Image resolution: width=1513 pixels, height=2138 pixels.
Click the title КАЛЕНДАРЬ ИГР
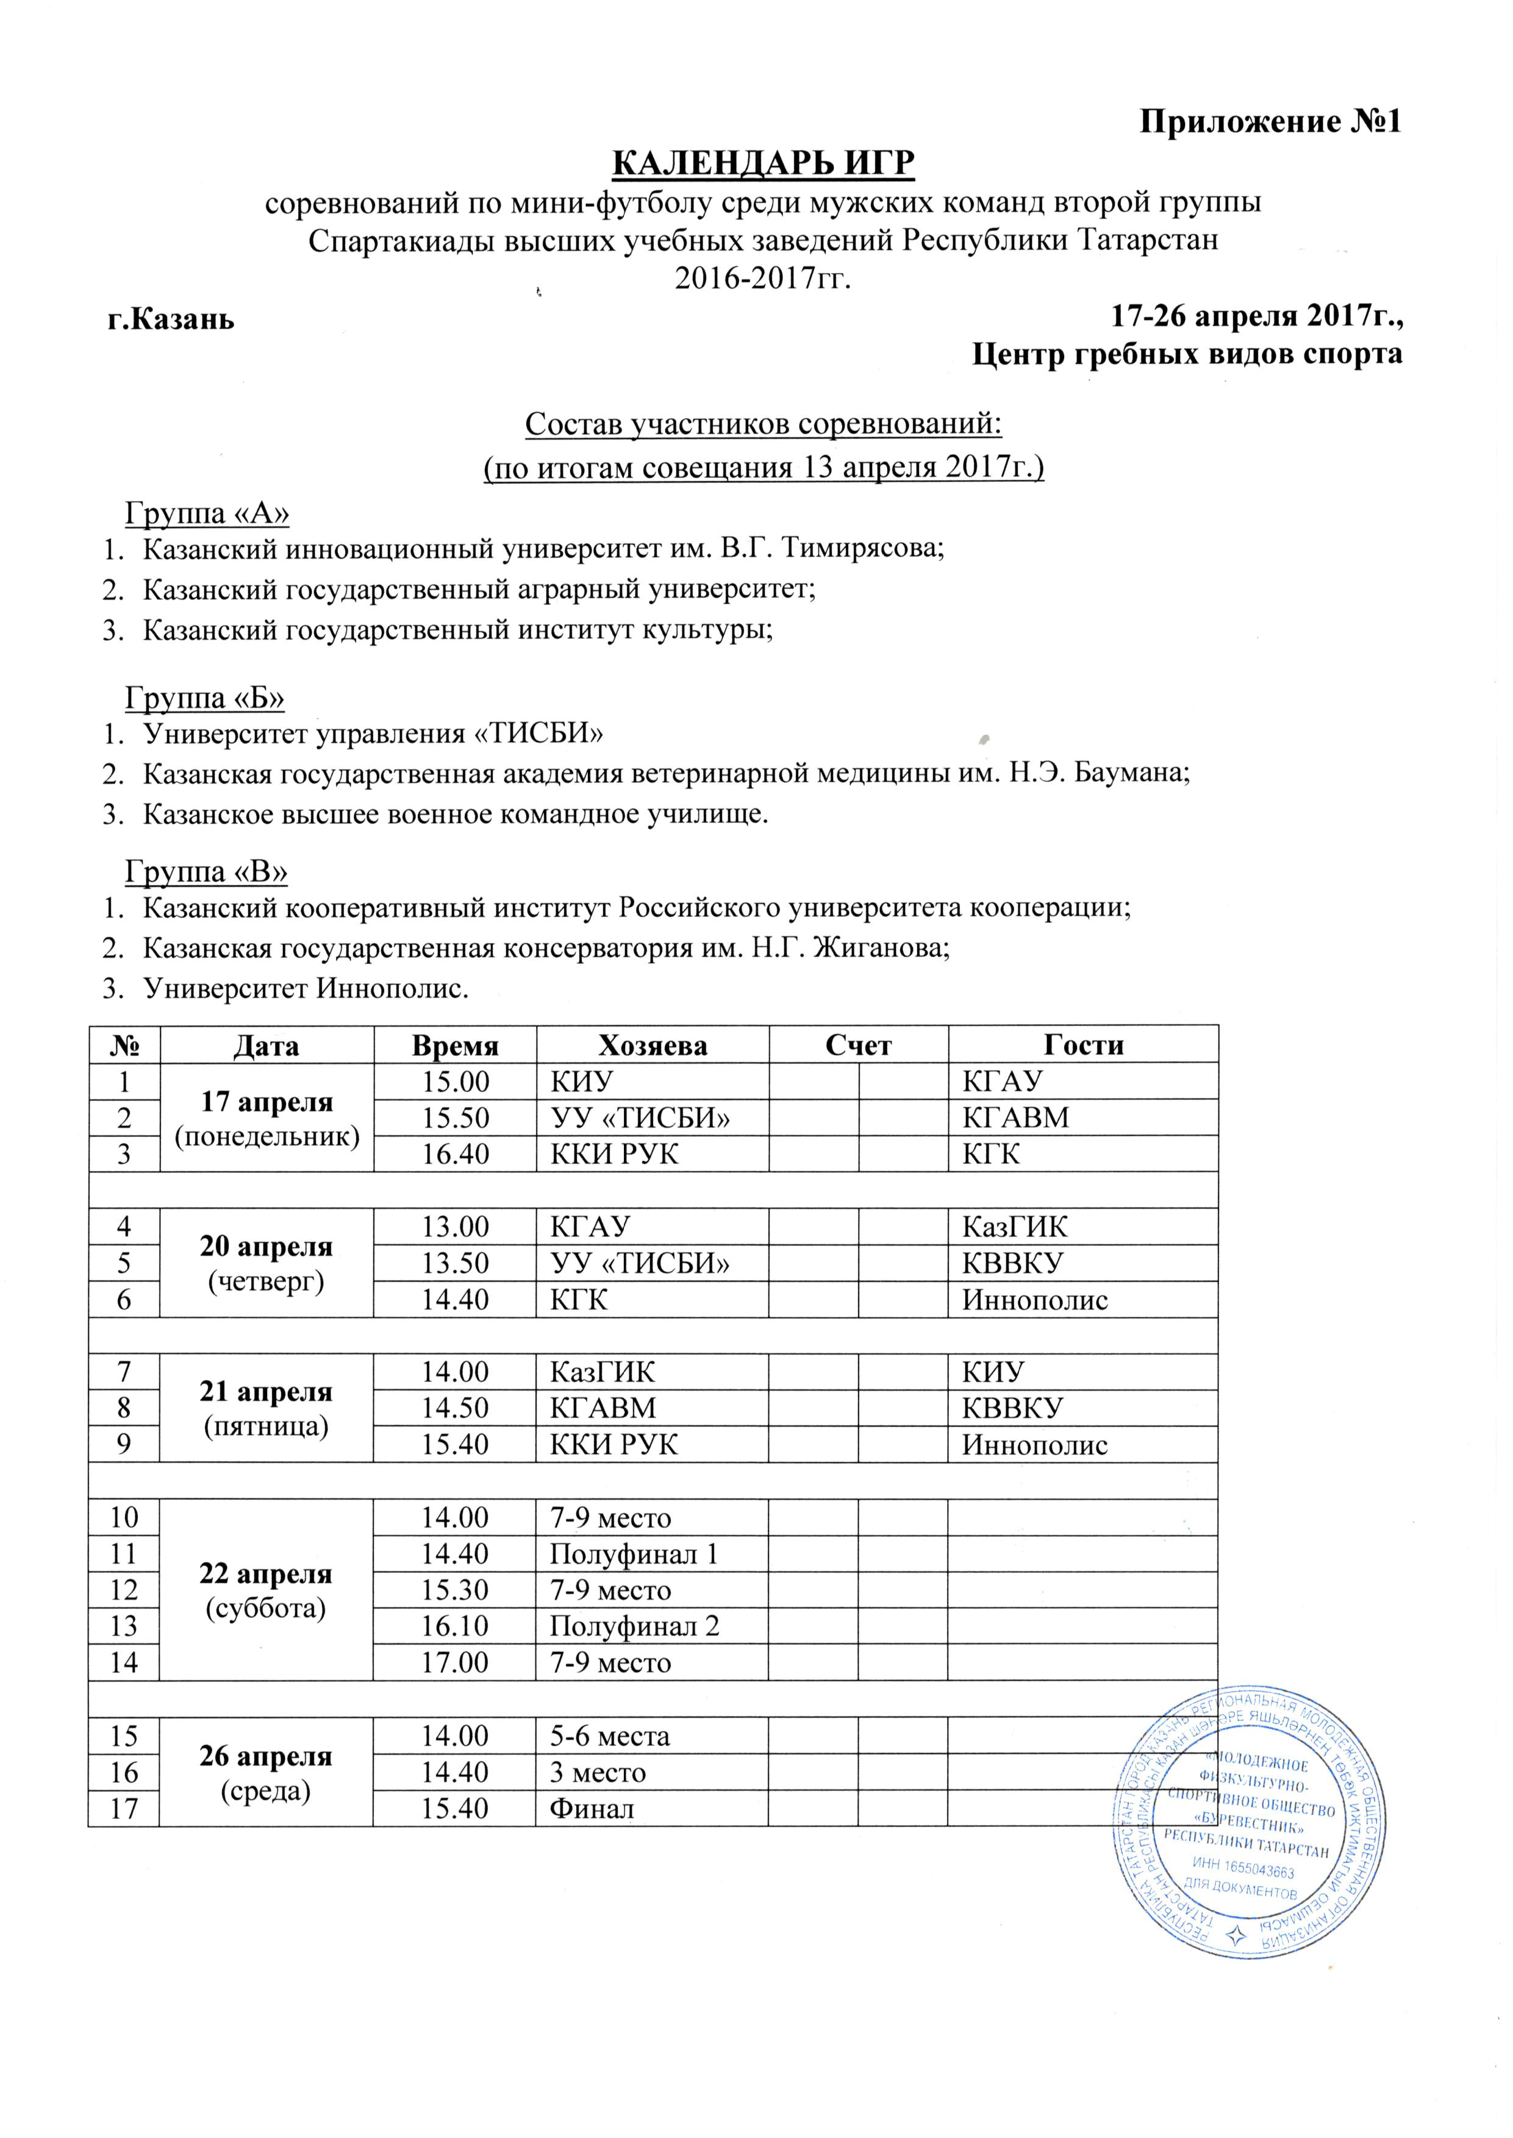[x=763, y=164]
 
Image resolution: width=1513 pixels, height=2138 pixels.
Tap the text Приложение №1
[x=1271, y=122]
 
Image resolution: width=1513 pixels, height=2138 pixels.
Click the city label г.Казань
[x=170, y=319]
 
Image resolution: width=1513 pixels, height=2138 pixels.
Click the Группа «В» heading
[x=207, y=872]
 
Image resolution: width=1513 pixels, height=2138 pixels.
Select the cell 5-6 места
[x=609, y=1736]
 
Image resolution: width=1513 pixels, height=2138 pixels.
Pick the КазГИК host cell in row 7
[x=602, y=1372]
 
